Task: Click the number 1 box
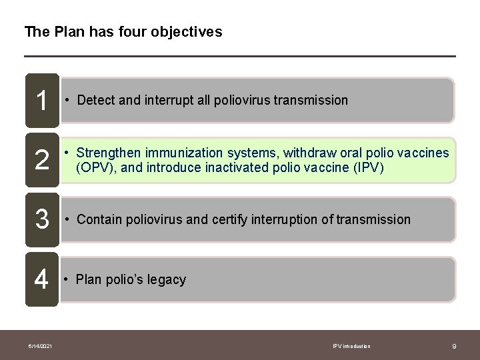coord(42,101)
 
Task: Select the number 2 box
coord(42,160)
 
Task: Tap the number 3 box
coord(42,219)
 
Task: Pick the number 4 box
coord(42,279)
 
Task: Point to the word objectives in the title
coord(191,31)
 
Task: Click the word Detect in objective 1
coord(96,100)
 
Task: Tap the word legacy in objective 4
coord(167,279)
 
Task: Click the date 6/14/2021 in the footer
coord(41,346)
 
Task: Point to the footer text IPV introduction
coord(351,346)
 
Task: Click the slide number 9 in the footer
coord(454,346)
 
